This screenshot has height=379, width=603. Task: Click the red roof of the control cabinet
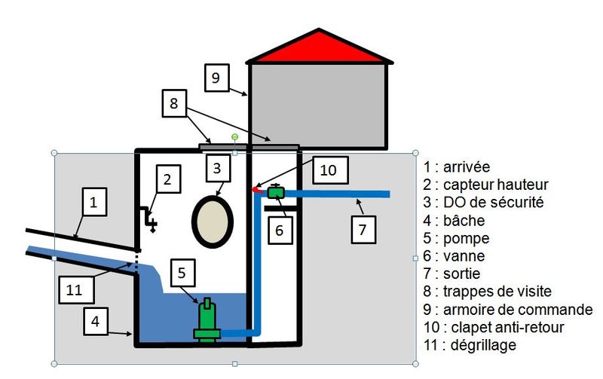[x=319, y=49]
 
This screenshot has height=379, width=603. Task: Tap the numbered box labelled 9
[x=217, y=78]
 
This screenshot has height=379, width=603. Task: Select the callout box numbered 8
[x=175, y=103]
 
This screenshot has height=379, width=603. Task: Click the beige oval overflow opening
[x=213, y=222]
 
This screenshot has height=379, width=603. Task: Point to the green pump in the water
[x=207, y=320]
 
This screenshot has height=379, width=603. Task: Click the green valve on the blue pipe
[x=276, y=191]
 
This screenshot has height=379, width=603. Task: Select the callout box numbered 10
[x=328, y=170]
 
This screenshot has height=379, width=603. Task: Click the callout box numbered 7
[x=363, y=230]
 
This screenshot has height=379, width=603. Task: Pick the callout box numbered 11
[x=76, y=289]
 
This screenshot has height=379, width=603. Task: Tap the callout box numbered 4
[x=96, y=321]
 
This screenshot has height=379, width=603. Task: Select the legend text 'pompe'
[x=466, y=238]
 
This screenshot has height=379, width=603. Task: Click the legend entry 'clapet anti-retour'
[x=507, y=327]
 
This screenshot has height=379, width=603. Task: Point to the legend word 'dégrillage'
[x=483, y=345]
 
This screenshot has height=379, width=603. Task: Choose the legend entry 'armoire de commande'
[x=518, y=310]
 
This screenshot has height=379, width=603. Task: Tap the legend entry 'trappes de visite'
[x=497, y=292]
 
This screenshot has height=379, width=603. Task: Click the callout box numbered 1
[x=93, y=202]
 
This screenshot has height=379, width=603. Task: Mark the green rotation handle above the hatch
[x=234, y=137]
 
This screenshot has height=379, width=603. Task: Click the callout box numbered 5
[x=182, y=273]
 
